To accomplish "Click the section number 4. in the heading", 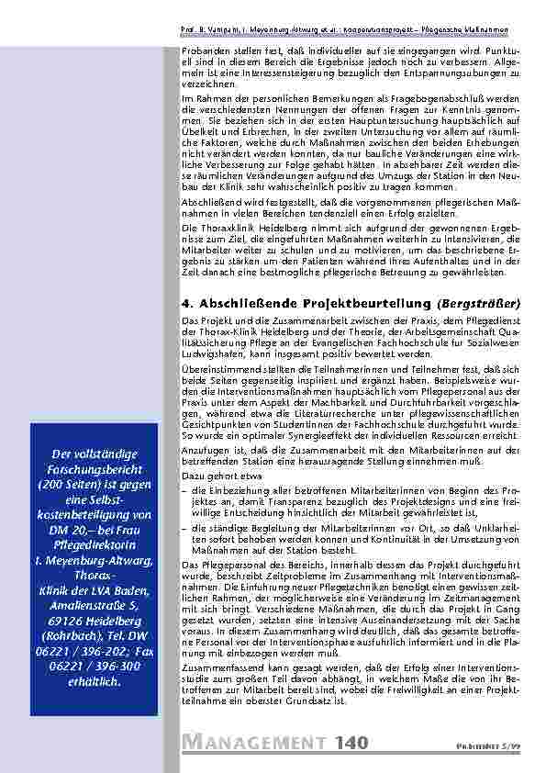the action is [x=187, y=302].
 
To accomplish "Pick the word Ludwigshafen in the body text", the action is [x=212, y=353].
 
